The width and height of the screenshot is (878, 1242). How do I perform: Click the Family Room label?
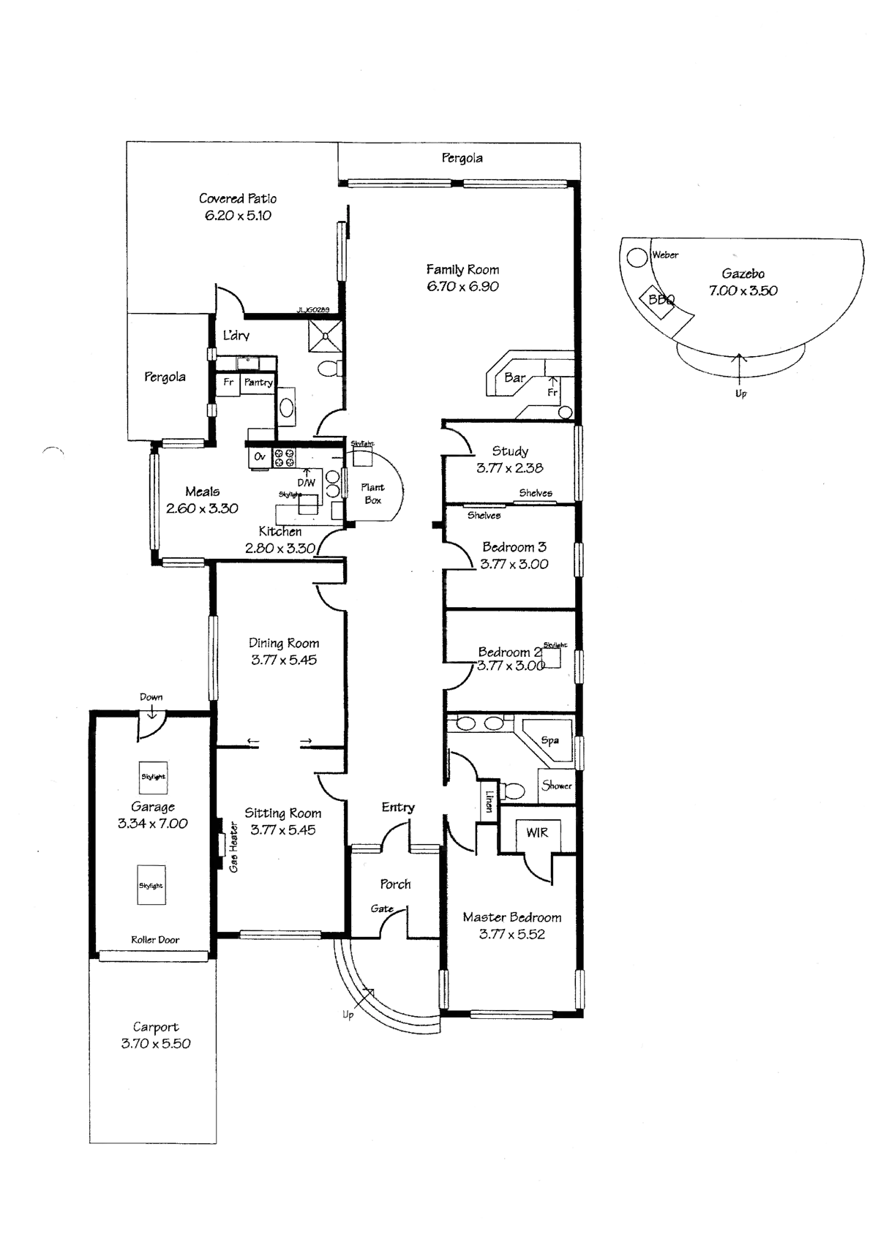tap(462, 269)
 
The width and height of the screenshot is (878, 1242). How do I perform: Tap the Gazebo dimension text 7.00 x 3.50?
tap(743, 290)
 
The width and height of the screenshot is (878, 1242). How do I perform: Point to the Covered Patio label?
tap(238, 198)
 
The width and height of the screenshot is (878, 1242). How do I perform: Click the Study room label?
tap(510, 451)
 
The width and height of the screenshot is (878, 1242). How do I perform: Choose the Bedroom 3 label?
tap(514, 547)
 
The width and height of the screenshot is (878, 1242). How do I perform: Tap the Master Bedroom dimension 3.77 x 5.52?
tap(511, 934)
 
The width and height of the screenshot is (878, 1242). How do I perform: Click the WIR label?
tap(536, 832)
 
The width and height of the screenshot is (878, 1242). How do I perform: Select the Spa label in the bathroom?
tap(550, 740)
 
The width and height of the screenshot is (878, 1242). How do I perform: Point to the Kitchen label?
tap(279, 531)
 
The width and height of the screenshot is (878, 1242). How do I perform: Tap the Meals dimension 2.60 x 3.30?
tap(202, 508)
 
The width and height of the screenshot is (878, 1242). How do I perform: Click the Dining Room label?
tap(284, 643)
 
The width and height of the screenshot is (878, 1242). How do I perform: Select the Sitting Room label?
tap(282, 813)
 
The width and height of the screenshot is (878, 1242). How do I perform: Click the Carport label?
tap(155, 1027)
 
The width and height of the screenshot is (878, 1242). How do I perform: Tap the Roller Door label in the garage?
tap(154, 940)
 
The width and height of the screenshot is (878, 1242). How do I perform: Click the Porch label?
tap(395, 884)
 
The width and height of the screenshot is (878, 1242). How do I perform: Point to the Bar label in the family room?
tap(514, 378)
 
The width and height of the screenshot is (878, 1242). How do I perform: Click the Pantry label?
tap(258, 383)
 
